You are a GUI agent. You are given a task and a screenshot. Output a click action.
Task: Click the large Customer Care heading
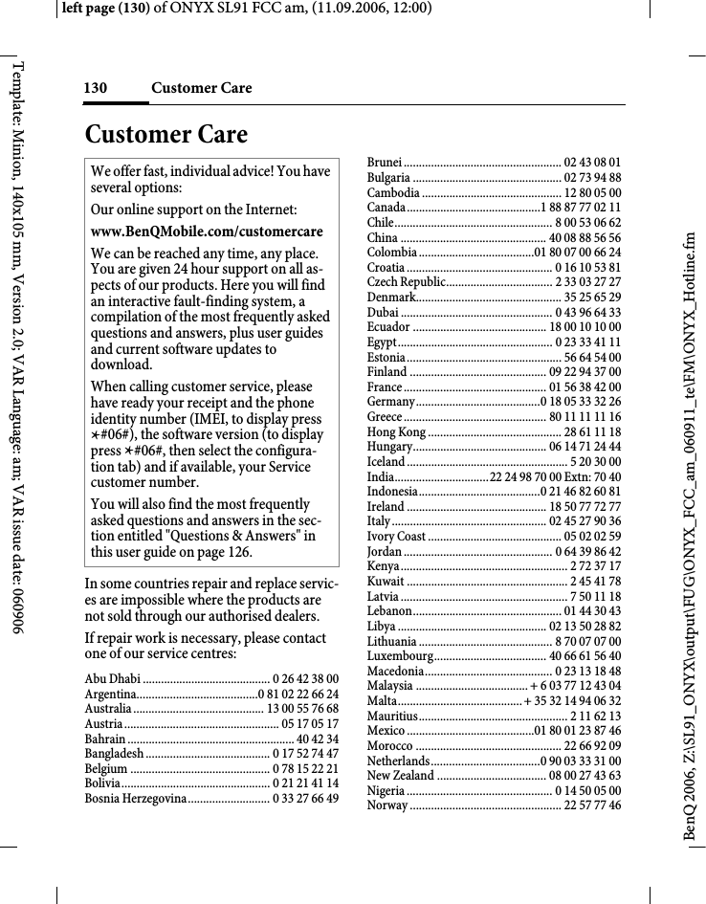pos(165,134)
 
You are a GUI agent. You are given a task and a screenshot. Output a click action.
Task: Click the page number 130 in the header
pos(95,88)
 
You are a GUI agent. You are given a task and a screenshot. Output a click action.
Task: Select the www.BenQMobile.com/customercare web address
pos(207,232)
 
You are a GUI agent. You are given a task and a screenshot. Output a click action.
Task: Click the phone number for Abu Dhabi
pos(305,678)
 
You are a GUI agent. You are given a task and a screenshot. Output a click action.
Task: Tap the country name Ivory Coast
pos(397,537)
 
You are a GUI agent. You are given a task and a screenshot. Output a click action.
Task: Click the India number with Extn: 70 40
pos(555,476)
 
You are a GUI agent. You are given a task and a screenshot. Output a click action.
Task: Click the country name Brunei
pos(385,163)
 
